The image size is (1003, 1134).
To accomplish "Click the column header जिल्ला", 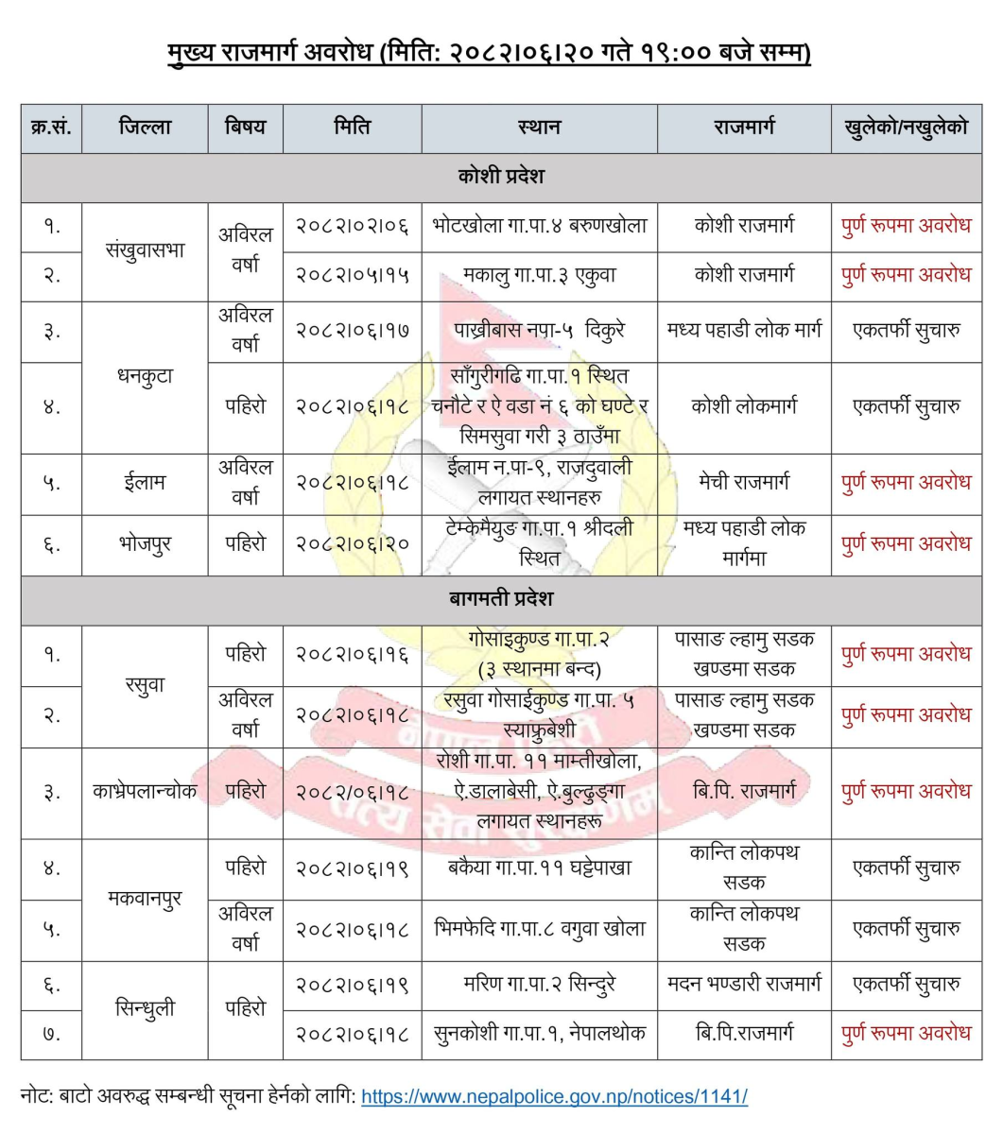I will pyautogui.click(x=145, y=127).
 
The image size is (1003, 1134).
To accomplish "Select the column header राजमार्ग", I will pyautogui.click(x=744, y=127).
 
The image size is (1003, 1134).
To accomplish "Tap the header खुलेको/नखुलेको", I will pyautogui.click(x=906, y=127).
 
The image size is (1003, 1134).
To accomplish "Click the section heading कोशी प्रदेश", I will pyautogui.click(x=501, y=177).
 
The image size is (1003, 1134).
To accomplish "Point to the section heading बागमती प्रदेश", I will pyautogui.click(x=501, y=599).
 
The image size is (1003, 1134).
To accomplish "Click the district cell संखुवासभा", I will pyautogui.click(x=145, y=250).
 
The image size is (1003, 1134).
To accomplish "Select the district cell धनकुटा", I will pyautogui.click(x=145, y=376).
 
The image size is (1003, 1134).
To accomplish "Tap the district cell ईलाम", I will pyautogui.click(x=145, y=483).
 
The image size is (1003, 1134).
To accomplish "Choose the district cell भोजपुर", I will pyautogui.click(x=145, y=544).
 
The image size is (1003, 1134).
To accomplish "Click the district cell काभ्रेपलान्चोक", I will pyautogui.click(x=145, y=792).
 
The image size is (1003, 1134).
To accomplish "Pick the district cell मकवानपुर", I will pyautogui.click(x=145, y=898).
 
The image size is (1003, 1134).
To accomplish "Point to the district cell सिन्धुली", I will pyautogui.click(x=145, y=1009).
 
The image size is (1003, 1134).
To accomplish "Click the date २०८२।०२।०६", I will pyautogui.click(x=352, y=227).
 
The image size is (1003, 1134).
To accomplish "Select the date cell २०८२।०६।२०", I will pyautogui.click(x=352, y=544).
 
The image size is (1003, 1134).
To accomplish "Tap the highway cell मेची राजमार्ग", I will pyautogui.click(x=744, y=483).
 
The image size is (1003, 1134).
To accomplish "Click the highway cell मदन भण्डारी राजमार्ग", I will pyautogui.click(x=744, y=985).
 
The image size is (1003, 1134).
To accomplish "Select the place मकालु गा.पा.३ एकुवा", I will pyautogui.click(x=539, y=276).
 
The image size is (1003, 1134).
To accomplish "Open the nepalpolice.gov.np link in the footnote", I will pyautogui.click(x=554, y=1097).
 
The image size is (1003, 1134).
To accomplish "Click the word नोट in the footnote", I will pyautogui.click(x=38, y=1097).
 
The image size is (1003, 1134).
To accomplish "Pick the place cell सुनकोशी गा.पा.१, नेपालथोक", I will pyautogui.click(x=539, y=1034).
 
